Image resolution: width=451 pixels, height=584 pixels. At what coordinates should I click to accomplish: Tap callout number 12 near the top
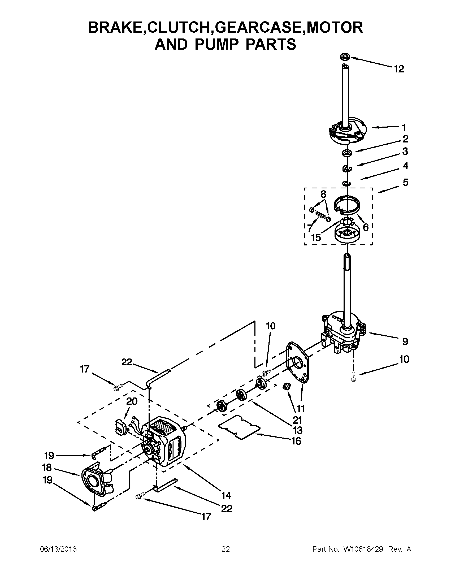[398, 69]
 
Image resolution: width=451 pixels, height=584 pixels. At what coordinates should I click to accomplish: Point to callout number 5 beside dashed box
[405, 183]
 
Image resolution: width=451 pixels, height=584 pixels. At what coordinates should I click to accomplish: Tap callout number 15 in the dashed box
[316, 237]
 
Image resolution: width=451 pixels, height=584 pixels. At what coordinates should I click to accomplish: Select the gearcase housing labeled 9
[342, 334]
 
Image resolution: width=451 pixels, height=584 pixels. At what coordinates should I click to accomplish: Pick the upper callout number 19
[49, 455]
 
